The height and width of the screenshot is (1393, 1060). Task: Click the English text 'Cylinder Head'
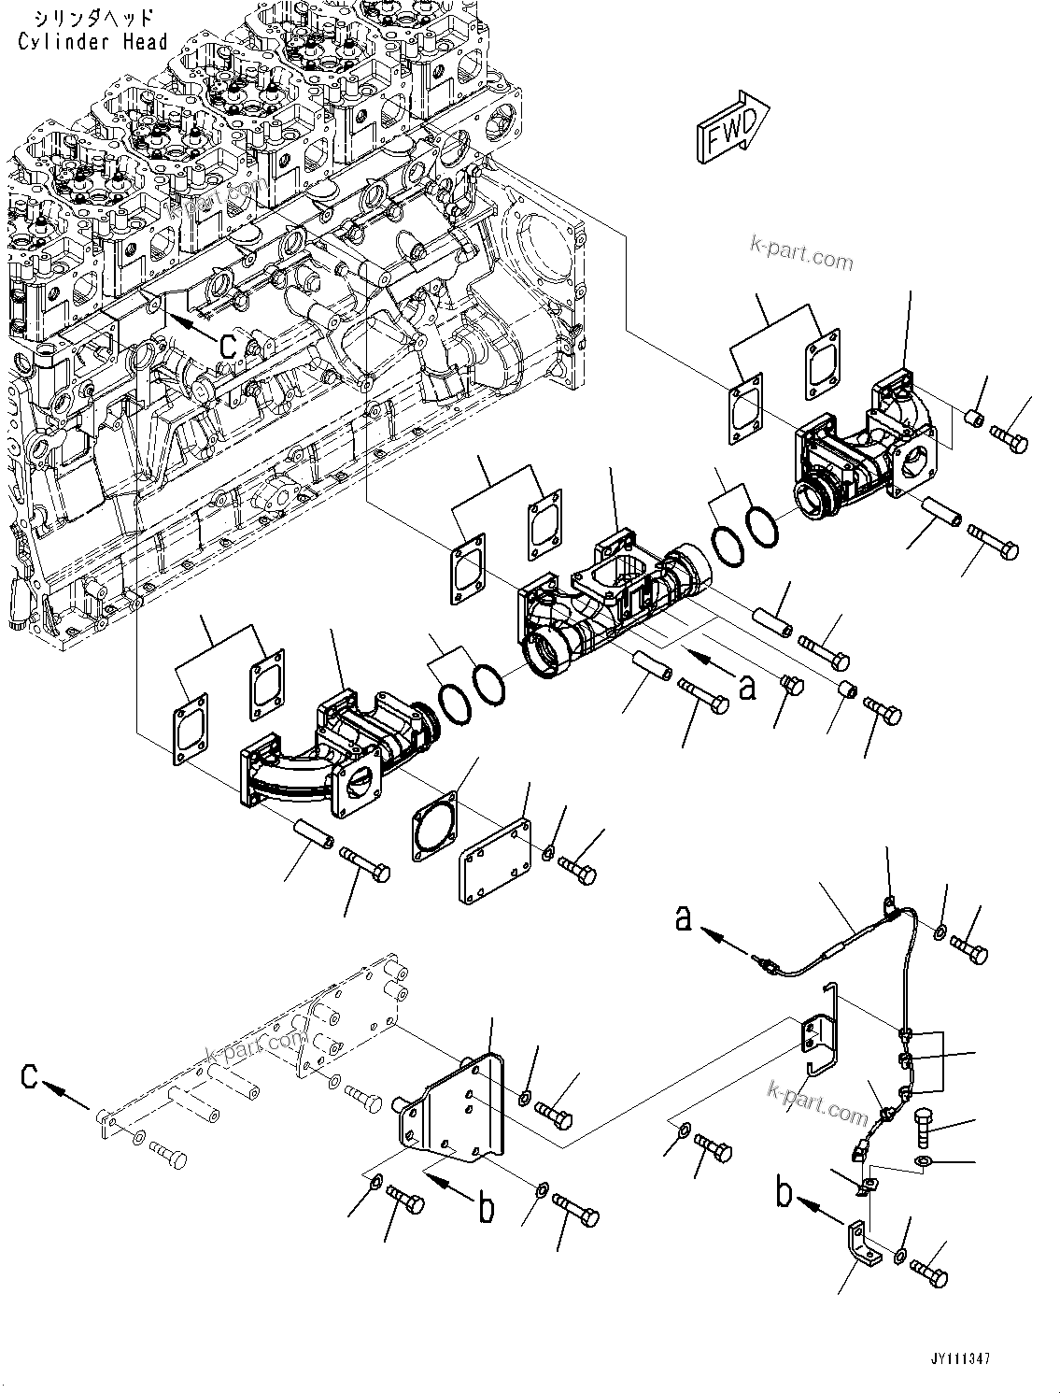tap(92, 41)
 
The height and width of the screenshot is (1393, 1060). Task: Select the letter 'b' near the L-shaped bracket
tap(786, 1193)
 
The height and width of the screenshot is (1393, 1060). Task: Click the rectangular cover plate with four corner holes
tap(495, 860)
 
